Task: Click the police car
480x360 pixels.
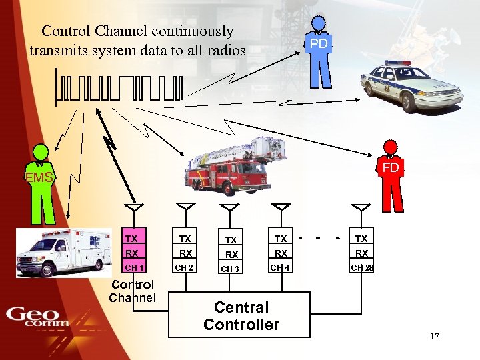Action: point(411,85)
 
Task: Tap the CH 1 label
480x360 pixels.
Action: point(135,268)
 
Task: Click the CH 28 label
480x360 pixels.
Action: point(362,268)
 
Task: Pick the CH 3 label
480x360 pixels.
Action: point(230,269)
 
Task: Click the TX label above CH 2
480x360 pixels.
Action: point(185,239)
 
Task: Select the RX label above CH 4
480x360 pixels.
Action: point(281,253)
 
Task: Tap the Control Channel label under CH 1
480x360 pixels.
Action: point(132,291)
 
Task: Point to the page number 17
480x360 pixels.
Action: point(435,337)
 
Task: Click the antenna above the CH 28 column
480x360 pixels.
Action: point(361,209)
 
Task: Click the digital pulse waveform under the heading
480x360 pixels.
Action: point(119,87)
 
